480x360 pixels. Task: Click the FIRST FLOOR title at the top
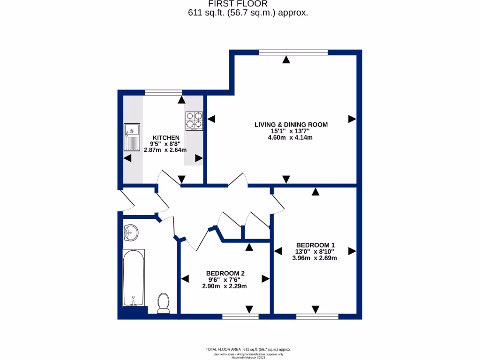(247, 4)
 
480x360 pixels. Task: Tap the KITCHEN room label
(165, 137)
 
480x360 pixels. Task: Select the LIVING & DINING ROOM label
(291, 125)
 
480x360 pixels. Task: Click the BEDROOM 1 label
(315, 245)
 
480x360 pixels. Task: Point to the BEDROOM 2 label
(225, 273)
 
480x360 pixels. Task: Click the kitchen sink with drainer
(132, 137)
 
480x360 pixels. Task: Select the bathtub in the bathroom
(134, 278)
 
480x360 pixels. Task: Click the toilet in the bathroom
(164, 303)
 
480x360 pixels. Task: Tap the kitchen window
(163, 92)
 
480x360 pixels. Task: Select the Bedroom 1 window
(317, 317)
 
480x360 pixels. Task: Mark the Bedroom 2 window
(240, 317)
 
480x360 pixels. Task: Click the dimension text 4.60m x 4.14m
(291, 138)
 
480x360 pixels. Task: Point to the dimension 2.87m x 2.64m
(165, 150)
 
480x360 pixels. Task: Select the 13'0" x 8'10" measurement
(315, 251)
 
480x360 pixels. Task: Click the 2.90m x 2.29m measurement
(224, 286)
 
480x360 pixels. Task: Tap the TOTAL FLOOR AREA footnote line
(248, 349)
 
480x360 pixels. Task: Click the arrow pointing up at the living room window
(286, 60)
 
